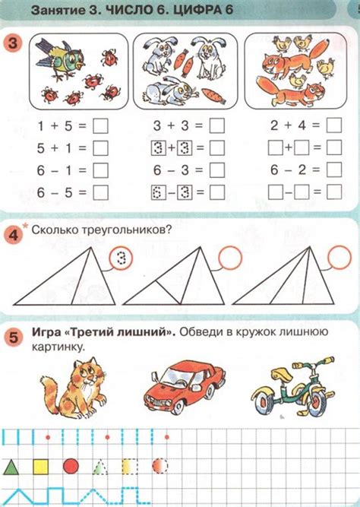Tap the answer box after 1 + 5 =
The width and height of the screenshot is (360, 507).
[100, 126]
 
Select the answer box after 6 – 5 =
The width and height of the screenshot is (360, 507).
[100, 193]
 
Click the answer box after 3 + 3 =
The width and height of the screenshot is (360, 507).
[217, 125]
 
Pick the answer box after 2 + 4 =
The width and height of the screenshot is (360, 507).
[334, 125]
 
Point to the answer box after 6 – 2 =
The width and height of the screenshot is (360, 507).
[334, 170]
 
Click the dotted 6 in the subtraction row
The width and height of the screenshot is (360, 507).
[159, 193]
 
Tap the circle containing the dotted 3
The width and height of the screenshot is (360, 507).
[121, 258]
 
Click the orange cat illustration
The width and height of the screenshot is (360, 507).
[74, 388]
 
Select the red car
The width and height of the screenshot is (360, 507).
[185, 387]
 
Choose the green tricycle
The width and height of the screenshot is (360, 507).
[293, 387]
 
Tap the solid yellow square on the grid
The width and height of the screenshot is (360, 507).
[41, 467]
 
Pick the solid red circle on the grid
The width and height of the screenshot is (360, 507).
[71, 467]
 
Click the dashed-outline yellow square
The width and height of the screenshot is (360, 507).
[130, 467]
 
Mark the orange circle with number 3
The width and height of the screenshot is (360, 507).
[12, 43]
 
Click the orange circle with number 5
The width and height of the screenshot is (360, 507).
[14, 338]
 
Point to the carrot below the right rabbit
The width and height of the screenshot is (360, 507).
[213, 96]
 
